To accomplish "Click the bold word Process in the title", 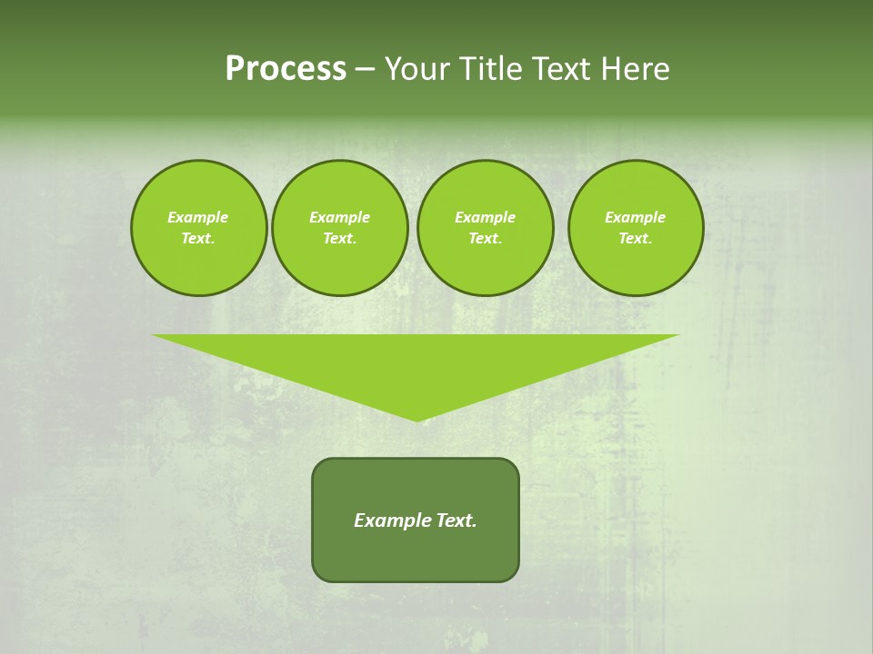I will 286,69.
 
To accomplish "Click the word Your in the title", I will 419,69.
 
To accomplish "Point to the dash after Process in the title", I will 365,69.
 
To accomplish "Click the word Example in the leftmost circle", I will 198,217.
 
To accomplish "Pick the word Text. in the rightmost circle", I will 635,238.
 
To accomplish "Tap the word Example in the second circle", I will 339,217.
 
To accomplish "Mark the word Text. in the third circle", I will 485,238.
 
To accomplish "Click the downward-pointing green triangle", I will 416,363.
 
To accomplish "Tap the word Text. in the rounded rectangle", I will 455,520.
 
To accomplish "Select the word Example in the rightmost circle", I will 635,217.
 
